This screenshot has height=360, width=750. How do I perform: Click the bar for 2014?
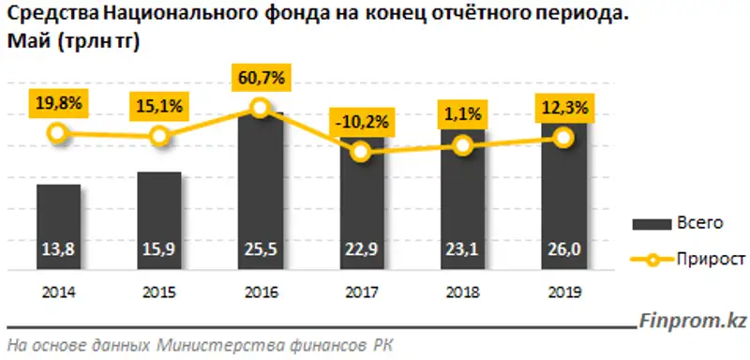[x=58, y=225]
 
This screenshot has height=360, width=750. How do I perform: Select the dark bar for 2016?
[x=260, y=187]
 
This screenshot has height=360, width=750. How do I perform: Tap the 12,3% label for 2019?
[x=562, y=109]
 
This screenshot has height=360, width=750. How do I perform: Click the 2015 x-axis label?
[x=159, y=292]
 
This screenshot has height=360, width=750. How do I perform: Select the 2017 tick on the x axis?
[x=361, y=292]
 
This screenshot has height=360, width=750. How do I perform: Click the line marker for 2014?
[x=58, y=133]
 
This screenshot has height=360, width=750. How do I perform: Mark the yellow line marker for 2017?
[x=361, y=154]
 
